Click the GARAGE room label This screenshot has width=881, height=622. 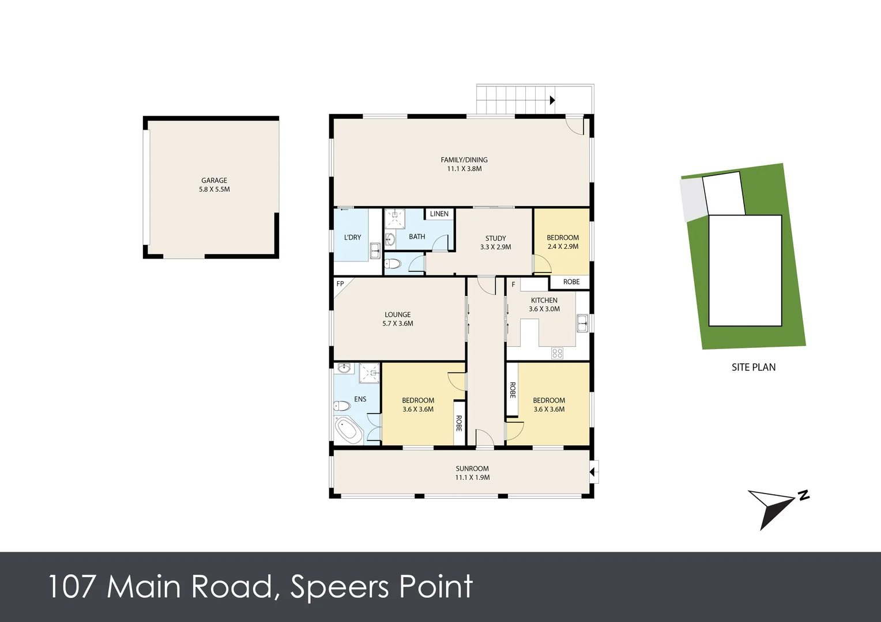[x=214, y=180]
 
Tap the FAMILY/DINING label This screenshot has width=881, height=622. [x=464, y=160]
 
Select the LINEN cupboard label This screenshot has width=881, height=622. [x=439, y=214]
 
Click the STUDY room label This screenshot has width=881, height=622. [x=495, y=238]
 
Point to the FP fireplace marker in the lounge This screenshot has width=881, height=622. [x=340, y=284]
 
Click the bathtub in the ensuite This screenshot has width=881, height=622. [x=348, y=430]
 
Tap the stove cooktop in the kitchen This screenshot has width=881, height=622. [x=557, y=352]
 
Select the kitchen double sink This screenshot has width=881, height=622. [x=582, y=324]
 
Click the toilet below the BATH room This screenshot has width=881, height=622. [x=393, y=264]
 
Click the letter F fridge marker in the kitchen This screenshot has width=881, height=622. [x=513, y=285]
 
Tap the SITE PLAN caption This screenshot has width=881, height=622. [x=753, y=367]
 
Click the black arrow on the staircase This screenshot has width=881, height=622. [x=552, y=100]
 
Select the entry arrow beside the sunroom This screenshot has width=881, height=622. [x=593, y=472]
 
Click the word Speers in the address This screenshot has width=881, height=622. [x=340, y=587]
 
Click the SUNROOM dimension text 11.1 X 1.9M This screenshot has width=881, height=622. [x=472, y=477]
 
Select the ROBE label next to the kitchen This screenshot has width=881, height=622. [x=571, y=282]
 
